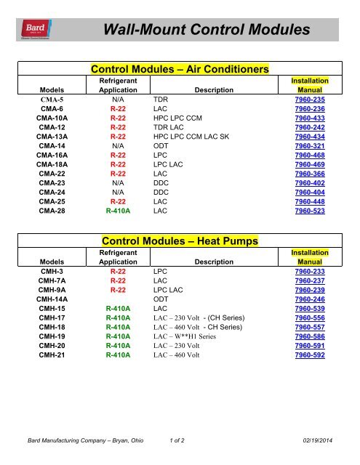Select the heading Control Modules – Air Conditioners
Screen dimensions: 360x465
tap(178, 68)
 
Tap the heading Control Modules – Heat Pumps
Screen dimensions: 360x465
tap(178, 240)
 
